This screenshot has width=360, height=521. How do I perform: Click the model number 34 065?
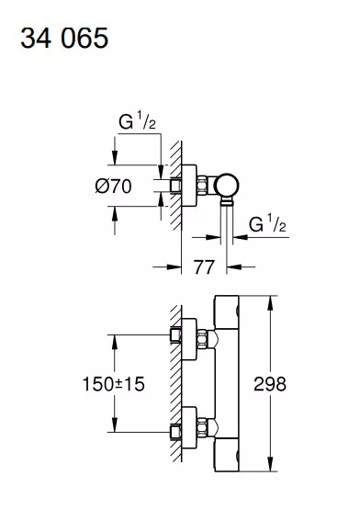point(64,39)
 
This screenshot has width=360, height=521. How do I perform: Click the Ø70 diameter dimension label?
point(113,186)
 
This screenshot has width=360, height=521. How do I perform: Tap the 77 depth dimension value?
point(204,266)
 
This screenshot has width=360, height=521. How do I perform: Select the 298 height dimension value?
point(270,384)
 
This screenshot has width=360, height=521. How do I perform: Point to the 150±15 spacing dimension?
point(113,384)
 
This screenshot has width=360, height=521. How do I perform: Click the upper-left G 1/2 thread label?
point(137,120)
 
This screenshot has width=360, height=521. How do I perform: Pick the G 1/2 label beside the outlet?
point(267,223)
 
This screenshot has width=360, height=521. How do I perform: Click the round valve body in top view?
point(226,186)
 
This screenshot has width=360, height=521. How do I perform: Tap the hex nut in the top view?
point(202,186)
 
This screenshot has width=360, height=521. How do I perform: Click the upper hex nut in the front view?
point(202,338)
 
